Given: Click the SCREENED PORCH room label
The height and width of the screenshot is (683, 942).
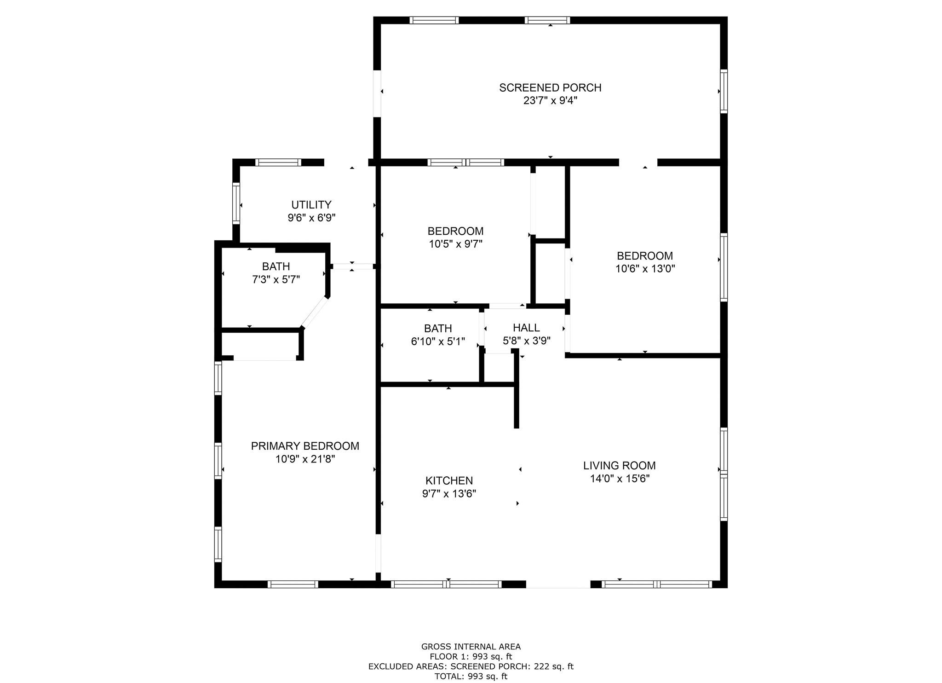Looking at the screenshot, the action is (x=550, y=87).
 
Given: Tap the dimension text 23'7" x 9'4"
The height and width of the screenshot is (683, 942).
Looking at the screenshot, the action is (x=550, y=100).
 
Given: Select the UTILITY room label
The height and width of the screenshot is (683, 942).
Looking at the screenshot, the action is (x=311, y=205).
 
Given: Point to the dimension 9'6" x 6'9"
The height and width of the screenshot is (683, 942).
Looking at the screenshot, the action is (x=311, y=218).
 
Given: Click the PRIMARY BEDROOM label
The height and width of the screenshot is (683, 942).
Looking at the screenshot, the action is (x=305, y=446).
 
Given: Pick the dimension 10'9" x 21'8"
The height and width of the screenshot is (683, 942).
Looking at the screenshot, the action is (x=305, y=459).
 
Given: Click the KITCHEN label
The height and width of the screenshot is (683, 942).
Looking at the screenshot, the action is (x=449, y=481).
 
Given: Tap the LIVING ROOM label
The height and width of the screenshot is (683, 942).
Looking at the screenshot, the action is (x=620, y=466).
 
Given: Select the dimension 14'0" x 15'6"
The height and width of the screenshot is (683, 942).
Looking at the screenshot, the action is (x=620, y=479).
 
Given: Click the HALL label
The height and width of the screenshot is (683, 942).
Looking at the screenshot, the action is (x=526, y=328).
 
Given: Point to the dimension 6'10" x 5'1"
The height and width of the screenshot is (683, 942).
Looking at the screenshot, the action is (x=438, y=341).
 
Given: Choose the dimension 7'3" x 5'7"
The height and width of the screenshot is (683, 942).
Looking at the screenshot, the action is (x=276, y=279).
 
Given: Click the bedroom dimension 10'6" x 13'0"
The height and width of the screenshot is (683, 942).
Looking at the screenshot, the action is (x=645, y=269).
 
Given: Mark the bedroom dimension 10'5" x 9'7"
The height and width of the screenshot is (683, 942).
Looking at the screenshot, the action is (x=455, y=244).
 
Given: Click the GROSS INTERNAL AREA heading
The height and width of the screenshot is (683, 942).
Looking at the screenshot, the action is (x=471, y=647).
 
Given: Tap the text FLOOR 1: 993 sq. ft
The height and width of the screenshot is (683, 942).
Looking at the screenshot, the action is (x=471, y=657).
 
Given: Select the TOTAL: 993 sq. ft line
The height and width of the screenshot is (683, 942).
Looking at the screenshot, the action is (x=471, y=677).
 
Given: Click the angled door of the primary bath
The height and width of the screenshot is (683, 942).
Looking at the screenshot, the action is (x=315, y=313).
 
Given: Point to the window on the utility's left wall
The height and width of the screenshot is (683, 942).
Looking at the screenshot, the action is (x=236, y=203).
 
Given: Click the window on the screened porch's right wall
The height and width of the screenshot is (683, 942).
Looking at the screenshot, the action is (x=724, y=91).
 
